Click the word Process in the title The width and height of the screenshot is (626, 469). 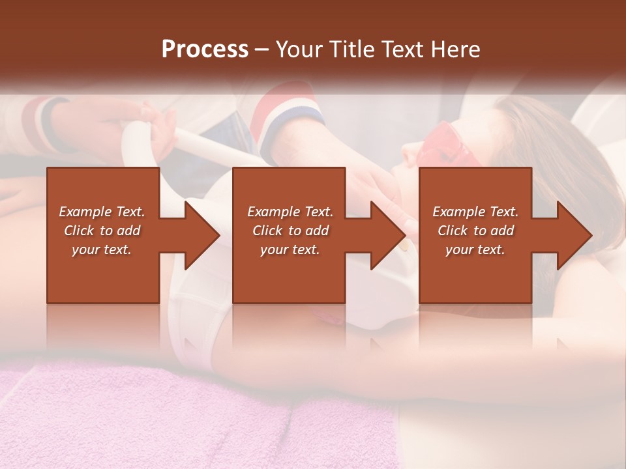205,50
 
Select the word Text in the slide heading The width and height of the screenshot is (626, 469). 402,50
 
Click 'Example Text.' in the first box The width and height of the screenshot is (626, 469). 102,212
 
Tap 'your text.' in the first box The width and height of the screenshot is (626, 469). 102,249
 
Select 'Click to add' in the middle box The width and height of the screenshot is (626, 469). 290,231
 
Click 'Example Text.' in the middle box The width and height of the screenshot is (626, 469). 290,212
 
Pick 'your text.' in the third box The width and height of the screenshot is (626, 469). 475,249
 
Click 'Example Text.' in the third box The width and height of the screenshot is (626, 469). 475,212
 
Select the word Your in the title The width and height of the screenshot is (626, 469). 298,50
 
